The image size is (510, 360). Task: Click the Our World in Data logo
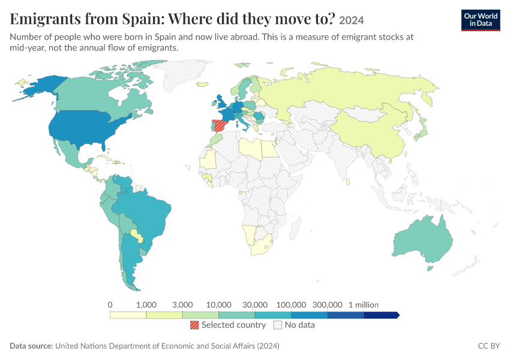pyautogui.click(x=481, y=20)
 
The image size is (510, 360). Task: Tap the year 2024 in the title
pyautogui.click(x=351, y=20)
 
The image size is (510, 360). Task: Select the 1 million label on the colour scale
pyautogui.click(x=364, y=305)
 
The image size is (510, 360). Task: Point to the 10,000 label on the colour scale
pyautogui.click(x=218, y=305)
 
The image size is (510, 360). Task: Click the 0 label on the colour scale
pyautogui.click(x=110, y=305)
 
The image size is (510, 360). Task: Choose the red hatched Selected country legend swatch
pyautogui.click(x=194, y=325)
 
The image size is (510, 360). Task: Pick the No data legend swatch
pyautogui.click(x=278, y=325)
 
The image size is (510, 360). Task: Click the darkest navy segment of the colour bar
pyautogui.click(x=381, y=315)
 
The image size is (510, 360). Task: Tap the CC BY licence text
pyautogui.click(x=488, y=346)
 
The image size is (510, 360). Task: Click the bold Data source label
pyautogui.click(x=31, y=346)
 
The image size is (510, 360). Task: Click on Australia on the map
pyautogui.click(x=422, y=239)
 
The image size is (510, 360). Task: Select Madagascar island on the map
pyautogui.click(x=295, y=227)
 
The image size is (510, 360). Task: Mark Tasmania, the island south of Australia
pyautogui.click(x=430, y=269)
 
